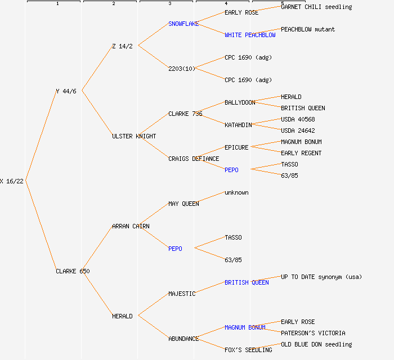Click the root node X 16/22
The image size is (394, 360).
pyautogui.click(x=12, y=181)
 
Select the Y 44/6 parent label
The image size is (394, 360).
pyautogui.click(x=66, y=91)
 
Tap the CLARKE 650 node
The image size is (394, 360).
pyautogui.click(x=73, y=271)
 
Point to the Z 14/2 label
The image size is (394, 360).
pyautogui.click(x=122, y=46)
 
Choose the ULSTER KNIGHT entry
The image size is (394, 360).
pyautogui.click(x=134, y=136)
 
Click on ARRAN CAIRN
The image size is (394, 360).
pyautogui.click(x=131, y=226)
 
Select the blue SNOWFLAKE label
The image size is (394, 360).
pyautogui.click(x=183, y=24)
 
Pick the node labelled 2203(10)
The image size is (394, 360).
pyautogui.click(x=182, y=69)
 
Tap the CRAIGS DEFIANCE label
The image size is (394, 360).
pyautogui.click(x=194, y=159)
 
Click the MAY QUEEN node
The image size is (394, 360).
pyautogui.click(x=183, y=204)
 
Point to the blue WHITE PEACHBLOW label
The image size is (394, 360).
pyautogui.click(x=250, y=35)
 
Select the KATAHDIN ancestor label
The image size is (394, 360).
pyautogui.click(x=238, y=125)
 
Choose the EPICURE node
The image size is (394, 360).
pyautogui.click(x=236, y=147)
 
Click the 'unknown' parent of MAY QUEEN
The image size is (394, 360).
pyautogui.click(x=236, y=192)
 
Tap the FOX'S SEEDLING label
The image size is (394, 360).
pyautogui.click(x=248, y=350)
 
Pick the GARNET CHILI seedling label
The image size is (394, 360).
pyautogui.click(x=316, y=7)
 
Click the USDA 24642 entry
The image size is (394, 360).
pyautogui.click(x=298, y=130)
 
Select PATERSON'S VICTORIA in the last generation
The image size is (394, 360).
pyautogui.click(x=313, y=333)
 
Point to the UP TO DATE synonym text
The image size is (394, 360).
pyautogui.click(x=321, y=277)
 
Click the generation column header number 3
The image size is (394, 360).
pyautogui.click(x=169, y=4)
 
